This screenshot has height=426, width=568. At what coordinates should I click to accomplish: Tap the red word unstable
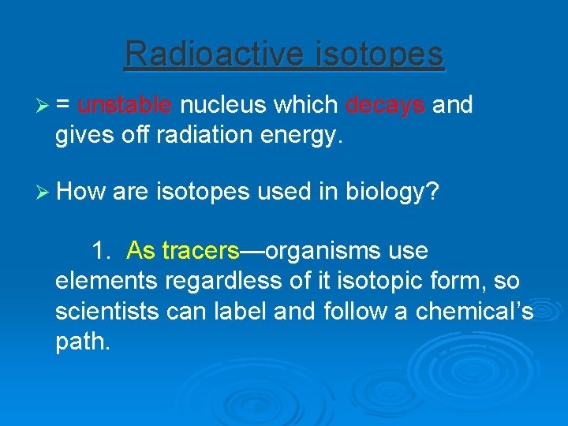coord(125,105)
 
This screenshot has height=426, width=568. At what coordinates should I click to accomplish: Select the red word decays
coord(385,105)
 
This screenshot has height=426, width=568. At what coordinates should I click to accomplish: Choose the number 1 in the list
coord(100,251)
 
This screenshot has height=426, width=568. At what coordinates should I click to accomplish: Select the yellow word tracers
coord(200,251)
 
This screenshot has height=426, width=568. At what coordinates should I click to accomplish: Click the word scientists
coord(107,311)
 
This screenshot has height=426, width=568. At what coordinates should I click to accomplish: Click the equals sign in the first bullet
coord(62,106)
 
